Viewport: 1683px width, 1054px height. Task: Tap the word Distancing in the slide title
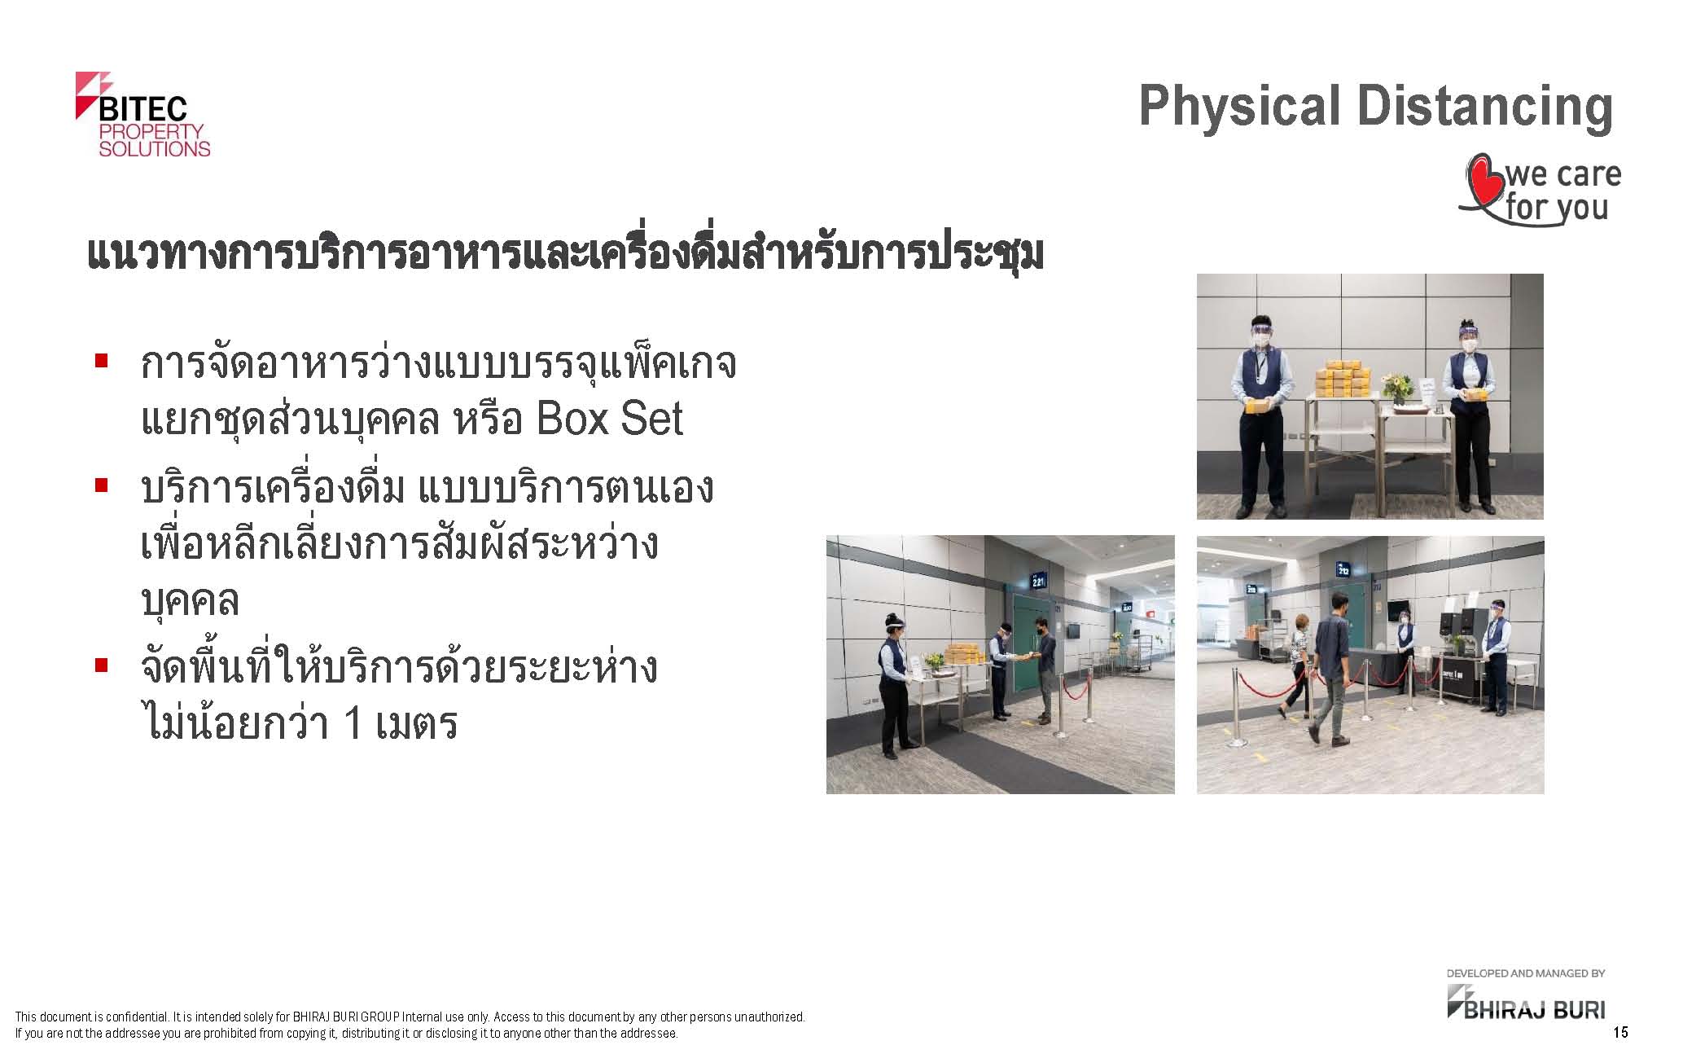pos(1485,108)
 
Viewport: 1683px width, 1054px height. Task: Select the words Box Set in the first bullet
pos(610,419)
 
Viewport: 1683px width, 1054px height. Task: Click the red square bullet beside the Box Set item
pos(102,359)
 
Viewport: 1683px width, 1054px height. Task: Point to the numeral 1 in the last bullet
pos(353,722)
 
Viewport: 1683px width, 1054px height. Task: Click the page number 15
pos(1620,1033)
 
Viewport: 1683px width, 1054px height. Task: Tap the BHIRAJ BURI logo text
pos(1535,1010)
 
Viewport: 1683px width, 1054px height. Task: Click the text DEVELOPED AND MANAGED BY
pos(1526,973)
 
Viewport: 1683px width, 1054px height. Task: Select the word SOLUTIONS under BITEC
pos(155,149)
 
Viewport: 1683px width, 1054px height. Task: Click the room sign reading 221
pos(1038,581)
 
